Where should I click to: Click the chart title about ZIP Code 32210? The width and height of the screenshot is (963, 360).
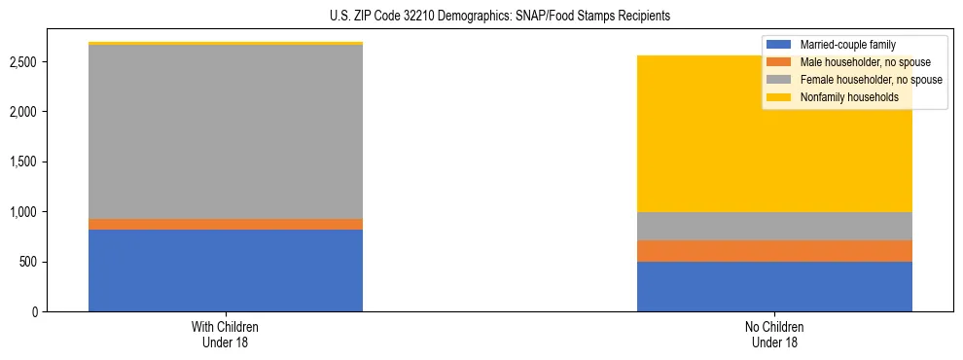[x=481, y=17]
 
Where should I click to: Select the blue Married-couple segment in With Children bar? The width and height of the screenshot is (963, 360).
[x=226, y=270]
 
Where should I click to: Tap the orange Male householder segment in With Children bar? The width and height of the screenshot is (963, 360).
[x=226, y=225]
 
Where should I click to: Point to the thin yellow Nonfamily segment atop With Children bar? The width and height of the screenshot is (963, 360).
[x=226, y=44]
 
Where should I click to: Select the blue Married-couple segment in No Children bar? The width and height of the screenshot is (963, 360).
[x=774, y=286]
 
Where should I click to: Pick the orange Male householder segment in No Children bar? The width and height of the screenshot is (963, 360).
[x=774, y=251]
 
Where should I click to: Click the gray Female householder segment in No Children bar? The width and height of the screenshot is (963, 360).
[x=774, y=226]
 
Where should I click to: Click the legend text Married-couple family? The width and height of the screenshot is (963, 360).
[x=847, y=45]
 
